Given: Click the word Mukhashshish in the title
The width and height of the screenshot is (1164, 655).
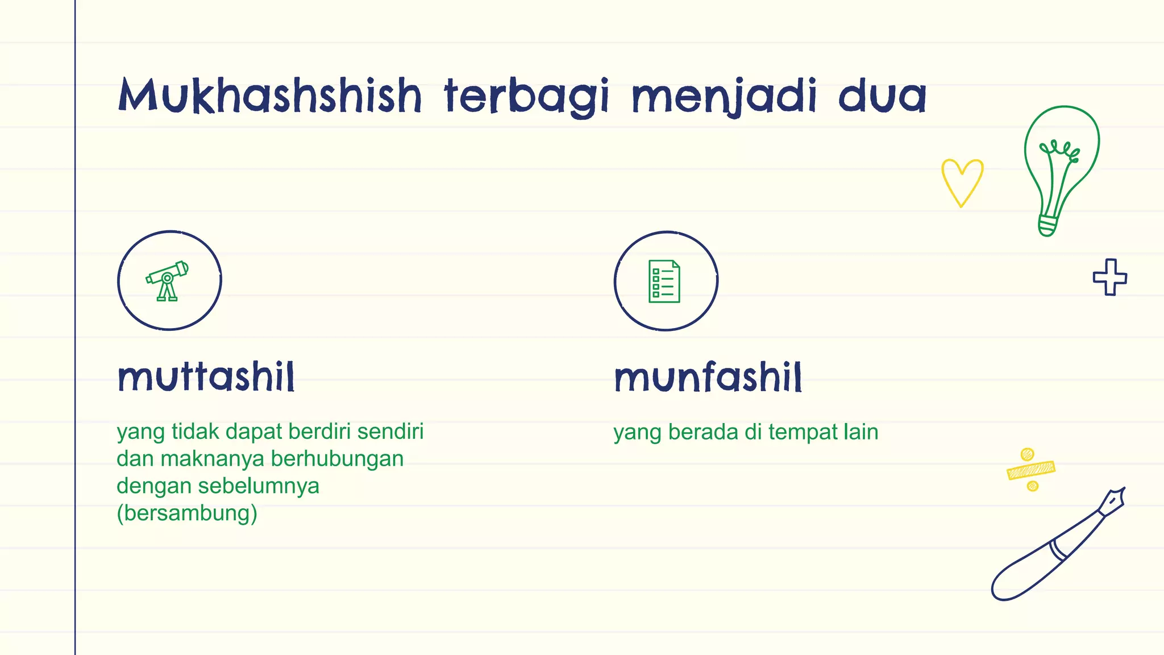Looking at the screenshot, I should tap(270, 96).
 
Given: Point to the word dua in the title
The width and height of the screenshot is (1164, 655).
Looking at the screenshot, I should tap(882, 96).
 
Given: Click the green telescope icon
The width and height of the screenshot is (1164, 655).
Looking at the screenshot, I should tap(167, 281).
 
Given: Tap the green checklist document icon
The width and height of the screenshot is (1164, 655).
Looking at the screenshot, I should tap(664, 281).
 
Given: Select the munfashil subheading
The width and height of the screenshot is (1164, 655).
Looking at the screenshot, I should tap(708, 378).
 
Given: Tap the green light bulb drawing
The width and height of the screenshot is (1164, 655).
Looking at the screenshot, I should tap(1061, 165).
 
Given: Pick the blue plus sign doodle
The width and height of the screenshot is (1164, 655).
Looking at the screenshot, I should tap(1109, 277).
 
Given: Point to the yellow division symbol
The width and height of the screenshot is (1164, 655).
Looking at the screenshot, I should tap(1030, 470).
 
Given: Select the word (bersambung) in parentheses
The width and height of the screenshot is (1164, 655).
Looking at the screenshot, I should tap(187, 513).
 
